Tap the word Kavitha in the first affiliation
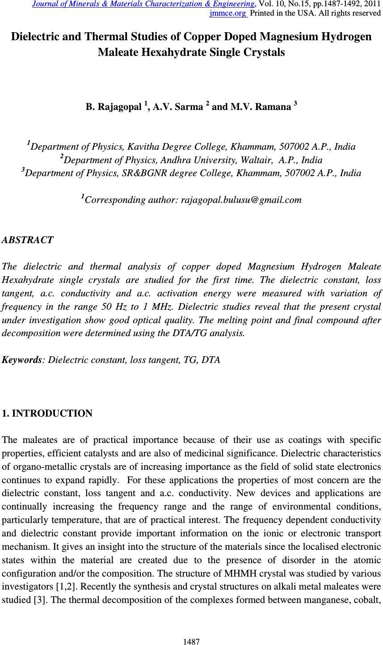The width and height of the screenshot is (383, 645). pos(143,147)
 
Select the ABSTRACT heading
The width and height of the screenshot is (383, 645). pos(28,240)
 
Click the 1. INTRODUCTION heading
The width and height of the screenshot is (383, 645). pos(47,413)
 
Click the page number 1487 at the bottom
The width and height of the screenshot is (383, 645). pos(191,642)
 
